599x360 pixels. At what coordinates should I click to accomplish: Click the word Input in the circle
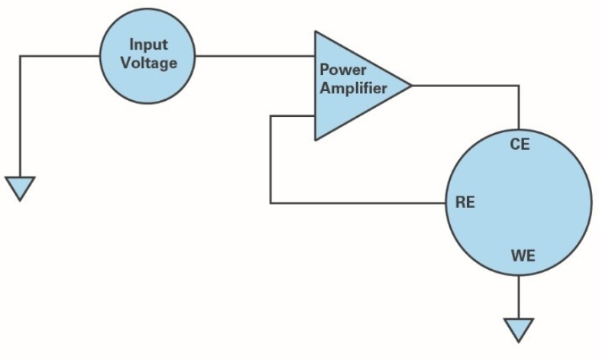pyautogui.click(x=149, y=44)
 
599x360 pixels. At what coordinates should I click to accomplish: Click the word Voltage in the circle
pyautogui.click(x=149, y=62)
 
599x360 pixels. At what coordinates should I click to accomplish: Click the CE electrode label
pyautogui.click(x=520, y=144)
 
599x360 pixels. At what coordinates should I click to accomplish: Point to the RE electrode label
pyautogui.click(x=465, y=204)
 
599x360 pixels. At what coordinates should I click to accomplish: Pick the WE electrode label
pyautogui.click(x=522, y=255)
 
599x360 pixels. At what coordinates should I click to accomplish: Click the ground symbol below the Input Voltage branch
pyautogui.click(x=20, y=186)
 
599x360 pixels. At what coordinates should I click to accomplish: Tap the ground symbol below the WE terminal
pyautogui.click(x=519, y=329)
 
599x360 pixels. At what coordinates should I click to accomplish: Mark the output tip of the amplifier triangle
pyautogui.click(x=410, y=86)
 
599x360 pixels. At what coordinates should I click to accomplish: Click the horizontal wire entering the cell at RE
pyautogui.click(x=359, y=203)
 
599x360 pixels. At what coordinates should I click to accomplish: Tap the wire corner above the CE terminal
pyautogui.click(x=519, y=86)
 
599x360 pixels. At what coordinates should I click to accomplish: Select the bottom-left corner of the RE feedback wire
pyautogui.click(x=270, y=203)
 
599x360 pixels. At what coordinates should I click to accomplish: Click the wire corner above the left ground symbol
pyautogui.click(x=20, y=56)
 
